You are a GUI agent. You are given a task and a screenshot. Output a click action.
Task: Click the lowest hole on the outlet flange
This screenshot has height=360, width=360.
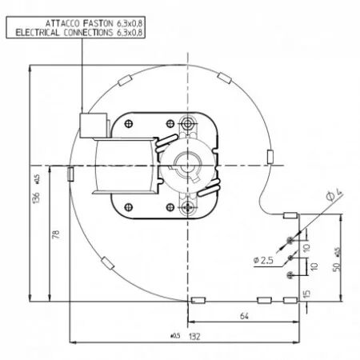pyautogui.click(x=290, y=276)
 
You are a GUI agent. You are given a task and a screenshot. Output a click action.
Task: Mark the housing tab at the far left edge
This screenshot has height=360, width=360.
pyautogui.click(x=70, y=172)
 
